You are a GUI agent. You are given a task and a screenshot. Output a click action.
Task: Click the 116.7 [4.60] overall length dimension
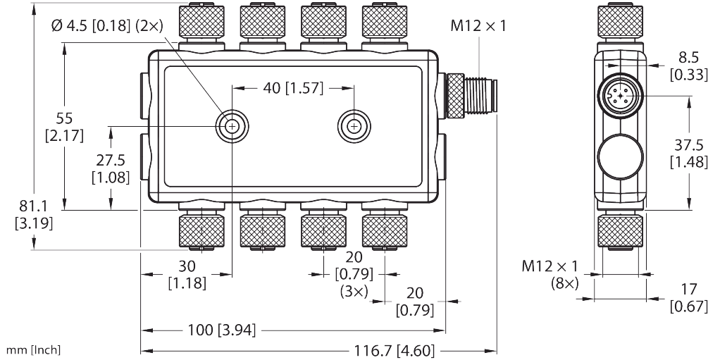click(394, 351)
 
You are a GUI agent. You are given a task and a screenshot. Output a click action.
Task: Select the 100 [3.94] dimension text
click(222, 330)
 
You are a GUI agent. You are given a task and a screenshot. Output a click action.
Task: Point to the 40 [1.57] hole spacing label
click(293, 87)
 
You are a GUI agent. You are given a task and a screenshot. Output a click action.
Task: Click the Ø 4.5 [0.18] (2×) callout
click(108, 25)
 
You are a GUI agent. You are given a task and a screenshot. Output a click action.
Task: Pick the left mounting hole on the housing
click(232, 126)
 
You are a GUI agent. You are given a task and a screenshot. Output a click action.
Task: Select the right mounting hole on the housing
click(354, 126)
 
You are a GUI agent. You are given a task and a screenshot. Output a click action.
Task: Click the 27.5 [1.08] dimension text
click(110, 170)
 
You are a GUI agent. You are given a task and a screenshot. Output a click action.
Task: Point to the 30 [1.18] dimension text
click(187, 275)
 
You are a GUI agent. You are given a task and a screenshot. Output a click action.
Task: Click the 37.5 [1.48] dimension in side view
click(688, 154)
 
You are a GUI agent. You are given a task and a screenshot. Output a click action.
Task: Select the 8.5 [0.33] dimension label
click(688, 66)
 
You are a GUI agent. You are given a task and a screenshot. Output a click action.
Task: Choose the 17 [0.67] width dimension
click(688, 297)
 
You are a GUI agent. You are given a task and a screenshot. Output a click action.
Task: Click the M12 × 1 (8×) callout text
click(550, 275)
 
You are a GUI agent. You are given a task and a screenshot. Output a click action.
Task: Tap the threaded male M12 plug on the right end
click(472, 97)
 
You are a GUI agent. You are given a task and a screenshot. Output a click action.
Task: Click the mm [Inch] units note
click(33, 350)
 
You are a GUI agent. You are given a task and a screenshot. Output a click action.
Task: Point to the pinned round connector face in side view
click(621, 97)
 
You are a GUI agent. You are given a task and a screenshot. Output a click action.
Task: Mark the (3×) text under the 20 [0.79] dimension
click(354, 292)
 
